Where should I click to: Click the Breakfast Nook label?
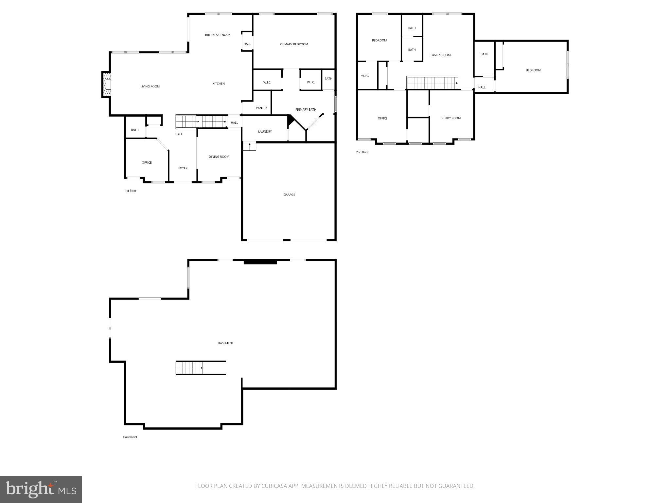(218, 35)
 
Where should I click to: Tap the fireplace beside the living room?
(106, 85)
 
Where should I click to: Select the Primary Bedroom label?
(294, 44)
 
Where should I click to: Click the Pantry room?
(261, 108)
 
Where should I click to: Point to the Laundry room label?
(265, 132)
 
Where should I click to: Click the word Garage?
(289, 195)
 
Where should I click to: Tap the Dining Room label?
(219, 157)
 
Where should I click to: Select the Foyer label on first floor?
(183, 168)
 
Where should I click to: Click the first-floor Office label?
(147, 163)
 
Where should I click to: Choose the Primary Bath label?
(306, 110)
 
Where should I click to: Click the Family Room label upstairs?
(440, 55)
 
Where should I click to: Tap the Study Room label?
(451, 118)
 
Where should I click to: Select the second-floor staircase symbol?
(432, 83)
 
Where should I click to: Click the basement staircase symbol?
(189, 368)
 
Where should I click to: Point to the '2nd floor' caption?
(362, 152)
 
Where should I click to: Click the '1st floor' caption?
(130, 191)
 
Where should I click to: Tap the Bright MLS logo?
(41, 489)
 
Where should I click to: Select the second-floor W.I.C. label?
(365, 76)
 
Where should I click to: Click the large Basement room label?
(225, 343)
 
